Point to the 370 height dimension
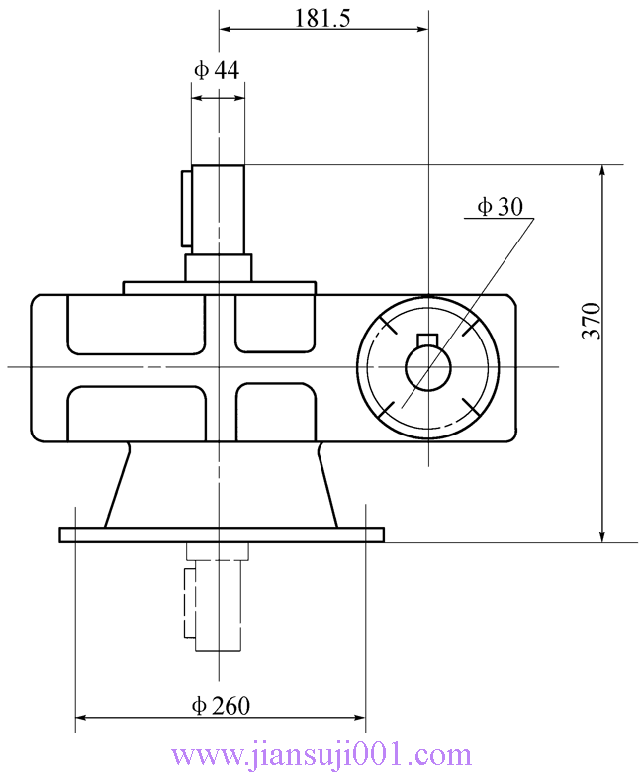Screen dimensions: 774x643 [x=591, y=321]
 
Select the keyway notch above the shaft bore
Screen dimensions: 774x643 [x=427, y=341]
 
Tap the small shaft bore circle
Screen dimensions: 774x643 [x=427, y=368]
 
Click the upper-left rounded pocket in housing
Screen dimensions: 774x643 [x=136, y=324]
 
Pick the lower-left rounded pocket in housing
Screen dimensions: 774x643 [x=136, y=414]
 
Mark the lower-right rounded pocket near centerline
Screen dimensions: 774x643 [x=274, y=414]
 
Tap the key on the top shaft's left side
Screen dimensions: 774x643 [x=186, y=208]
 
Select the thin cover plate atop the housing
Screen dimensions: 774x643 [x=219, y=288]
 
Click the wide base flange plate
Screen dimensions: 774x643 [x=222, y=534]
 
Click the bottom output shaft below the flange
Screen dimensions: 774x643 [x=218, y=604]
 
